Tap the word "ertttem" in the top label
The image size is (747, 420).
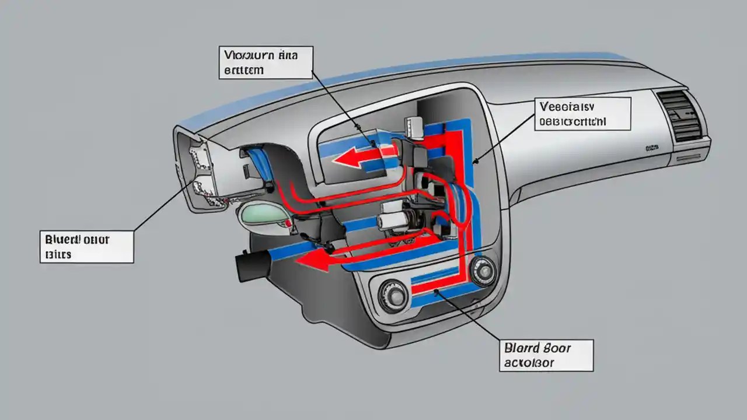pos(242,70)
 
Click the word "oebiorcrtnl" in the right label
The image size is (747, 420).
pos(573,121)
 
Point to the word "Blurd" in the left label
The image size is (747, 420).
pos(61,240)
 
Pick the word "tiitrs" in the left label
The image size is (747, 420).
pos(57,254)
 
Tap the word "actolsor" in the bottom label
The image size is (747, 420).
pos(528,363)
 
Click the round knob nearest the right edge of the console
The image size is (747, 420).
pos(483,271)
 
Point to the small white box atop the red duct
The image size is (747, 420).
pos(413,126)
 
